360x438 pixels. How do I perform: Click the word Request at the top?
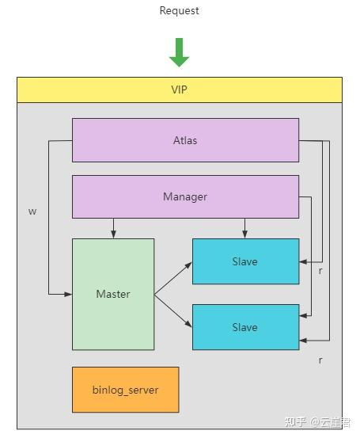[179, 10]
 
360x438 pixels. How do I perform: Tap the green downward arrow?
[179, 52]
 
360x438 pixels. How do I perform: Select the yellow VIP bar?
[180, 90]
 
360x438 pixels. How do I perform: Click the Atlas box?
[185, 140]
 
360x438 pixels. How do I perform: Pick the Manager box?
[185, 196]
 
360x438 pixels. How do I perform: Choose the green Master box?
[113, 294]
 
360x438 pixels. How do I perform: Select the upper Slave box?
[245, 261]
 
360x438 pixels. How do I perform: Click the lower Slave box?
[245, 327]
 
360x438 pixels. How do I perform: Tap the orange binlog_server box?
[125, 390]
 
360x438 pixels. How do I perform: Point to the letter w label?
[32, 211]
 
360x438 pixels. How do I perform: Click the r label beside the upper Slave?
[320, 271]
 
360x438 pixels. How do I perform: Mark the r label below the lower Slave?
[320, 360]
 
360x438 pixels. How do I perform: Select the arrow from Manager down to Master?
[113, 228]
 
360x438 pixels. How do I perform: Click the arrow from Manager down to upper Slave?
[244, 228]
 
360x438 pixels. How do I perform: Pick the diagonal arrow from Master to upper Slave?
[173, 279]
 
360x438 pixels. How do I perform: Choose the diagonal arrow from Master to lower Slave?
[173, 311]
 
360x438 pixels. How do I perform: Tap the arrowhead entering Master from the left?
[68, 294]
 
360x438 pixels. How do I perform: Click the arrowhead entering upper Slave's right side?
[303, 262]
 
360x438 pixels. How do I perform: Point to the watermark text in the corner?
[317, 422]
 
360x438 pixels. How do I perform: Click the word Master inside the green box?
[113, 294]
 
